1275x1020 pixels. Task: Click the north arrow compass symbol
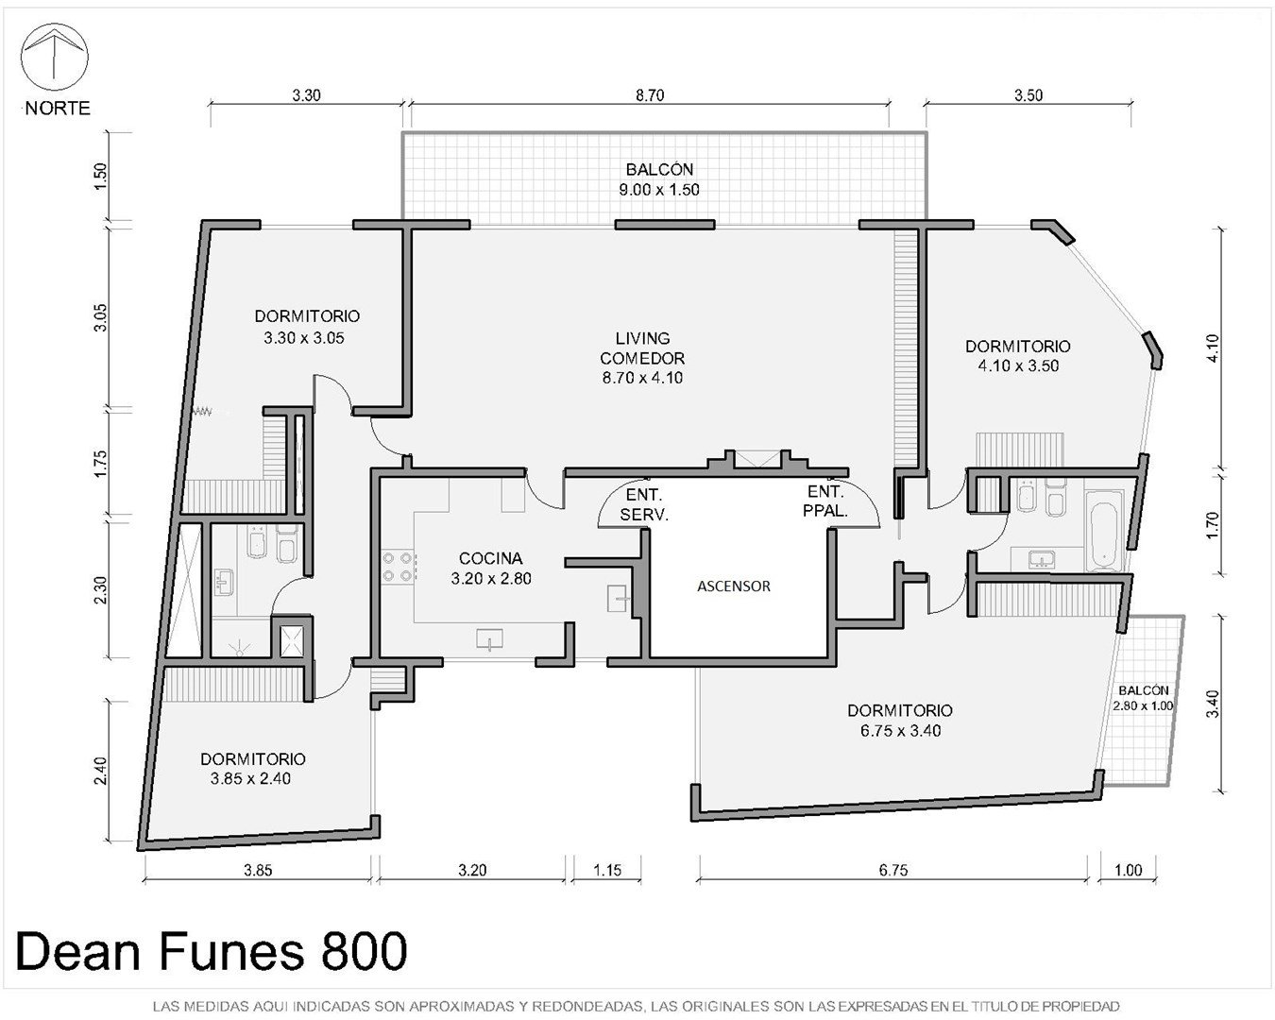click(x=55, y=57)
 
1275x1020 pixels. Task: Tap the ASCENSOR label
click(x=734, y=586)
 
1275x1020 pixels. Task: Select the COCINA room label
click(x=490, y=558)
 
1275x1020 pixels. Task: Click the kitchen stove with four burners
click(x=399, y=567)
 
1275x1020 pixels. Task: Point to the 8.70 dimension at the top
click(x=650, y=94)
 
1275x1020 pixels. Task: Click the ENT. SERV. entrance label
click(x=644, y=504)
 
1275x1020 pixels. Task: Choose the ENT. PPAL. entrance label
click(x=825, y=501)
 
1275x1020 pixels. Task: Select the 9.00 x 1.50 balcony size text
click(x=659, y=190)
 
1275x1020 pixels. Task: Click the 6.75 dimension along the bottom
click(x=892, y=870)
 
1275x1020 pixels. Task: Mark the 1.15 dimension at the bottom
click(x=607, y=870)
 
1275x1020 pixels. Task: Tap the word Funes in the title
click(x=230, y=951)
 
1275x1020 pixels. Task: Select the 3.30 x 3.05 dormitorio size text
click(x=304, y=338)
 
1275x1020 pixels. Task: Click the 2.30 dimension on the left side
click(x=101, y=589)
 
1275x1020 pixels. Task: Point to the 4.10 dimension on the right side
click(x=1213, y=348)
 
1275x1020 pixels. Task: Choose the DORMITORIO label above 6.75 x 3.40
click(x=900, y=710)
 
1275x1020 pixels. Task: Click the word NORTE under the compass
click(x=58, y=108)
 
